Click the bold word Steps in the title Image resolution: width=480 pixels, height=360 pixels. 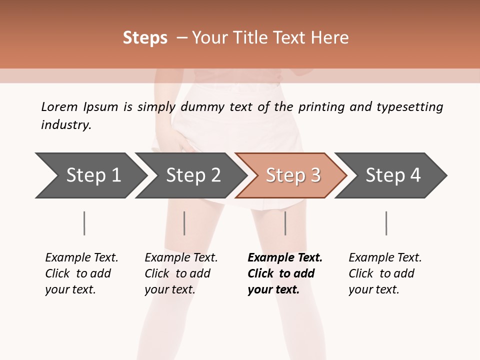145,38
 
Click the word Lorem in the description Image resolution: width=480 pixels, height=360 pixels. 59,107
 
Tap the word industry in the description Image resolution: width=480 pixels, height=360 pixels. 66,125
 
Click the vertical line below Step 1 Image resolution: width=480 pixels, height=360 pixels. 84,223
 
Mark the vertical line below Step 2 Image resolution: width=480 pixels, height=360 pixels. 184,223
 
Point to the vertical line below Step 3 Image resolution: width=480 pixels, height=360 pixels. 285,223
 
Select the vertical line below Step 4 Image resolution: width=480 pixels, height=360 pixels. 386,223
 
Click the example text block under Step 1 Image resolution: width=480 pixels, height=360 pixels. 81,273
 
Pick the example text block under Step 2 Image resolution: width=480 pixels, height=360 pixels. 181,273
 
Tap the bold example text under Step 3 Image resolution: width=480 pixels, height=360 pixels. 285,273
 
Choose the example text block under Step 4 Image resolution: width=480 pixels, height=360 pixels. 385,273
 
